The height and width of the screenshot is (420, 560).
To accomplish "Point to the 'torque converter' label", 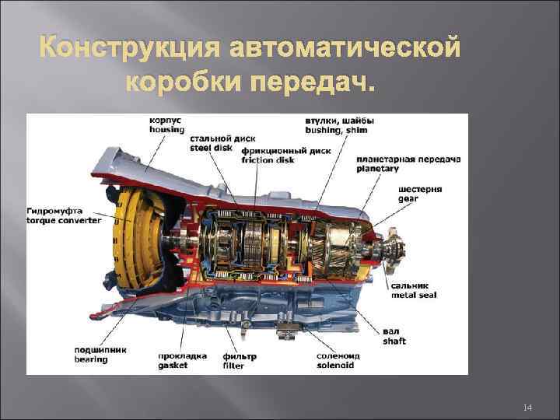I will (x=64, y=220).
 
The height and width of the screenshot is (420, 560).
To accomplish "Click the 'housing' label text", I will (x=166, y=130).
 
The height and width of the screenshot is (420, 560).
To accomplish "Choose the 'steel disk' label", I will (x=211, y=148).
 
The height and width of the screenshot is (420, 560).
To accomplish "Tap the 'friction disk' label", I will (x=268, y=160).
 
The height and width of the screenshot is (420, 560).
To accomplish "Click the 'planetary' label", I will (x=378, y=168).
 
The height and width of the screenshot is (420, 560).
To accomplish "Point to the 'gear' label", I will (x=408, y=199).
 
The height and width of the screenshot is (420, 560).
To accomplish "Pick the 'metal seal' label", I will (x=413, y=296).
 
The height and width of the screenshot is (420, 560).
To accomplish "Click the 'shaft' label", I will (x=394, y=341).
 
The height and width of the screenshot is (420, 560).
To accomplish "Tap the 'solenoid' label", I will (x=335, y=365).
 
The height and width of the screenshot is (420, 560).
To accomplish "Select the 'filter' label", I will (x=233, y=366).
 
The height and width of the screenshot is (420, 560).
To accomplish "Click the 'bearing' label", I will (x=91, y=359).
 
